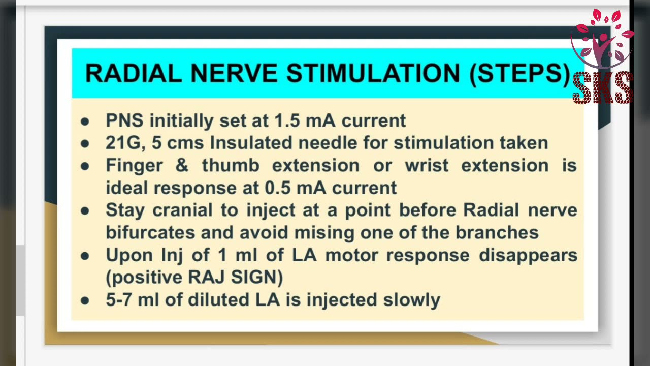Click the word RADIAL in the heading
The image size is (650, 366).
[133, 73]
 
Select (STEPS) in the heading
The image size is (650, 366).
[519, 74]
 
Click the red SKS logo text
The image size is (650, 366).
[602, 88]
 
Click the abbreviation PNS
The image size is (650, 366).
[124, 120]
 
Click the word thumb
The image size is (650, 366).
[231, 165]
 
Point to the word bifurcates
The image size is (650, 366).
[150, 232]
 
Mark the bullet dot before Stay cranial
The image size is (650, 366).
[85, 210]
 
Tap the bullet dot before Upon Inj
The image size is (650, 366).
[85, 255]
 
